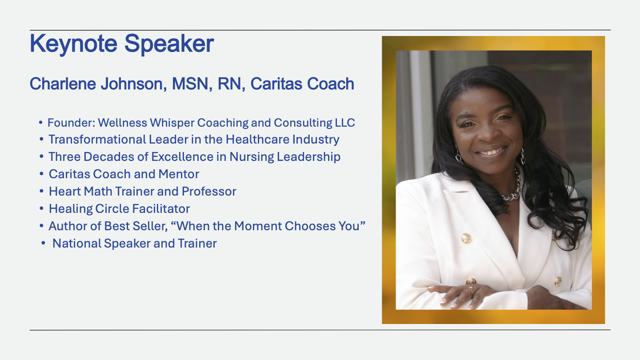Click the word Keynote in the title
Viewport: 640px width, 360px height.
(x=73, y=44)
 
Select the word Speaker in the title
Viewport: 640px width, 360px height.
(x=169, y=44)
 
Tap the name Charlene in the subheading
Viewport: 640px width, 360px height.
(x=63, y=84)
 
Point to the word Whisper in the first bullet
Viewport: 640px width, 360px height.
(x=172, y=123)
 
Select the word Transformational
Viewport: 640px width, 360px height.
(x=97, y=140)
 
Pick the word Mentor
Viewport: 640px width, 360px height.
(x=179, y=174)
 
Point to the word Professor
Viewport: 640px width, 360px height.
(x=209, y=192)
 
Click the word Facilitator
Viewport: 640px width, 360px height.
(x=161, y=209)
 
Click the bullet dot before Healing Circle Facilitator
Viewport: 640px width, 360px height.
(x=42, y=208)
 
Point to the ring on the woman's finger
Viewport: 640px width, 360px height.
(x=470, y=291)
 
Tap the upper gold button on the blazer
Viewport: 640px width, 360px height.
(x=466, y=238)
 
